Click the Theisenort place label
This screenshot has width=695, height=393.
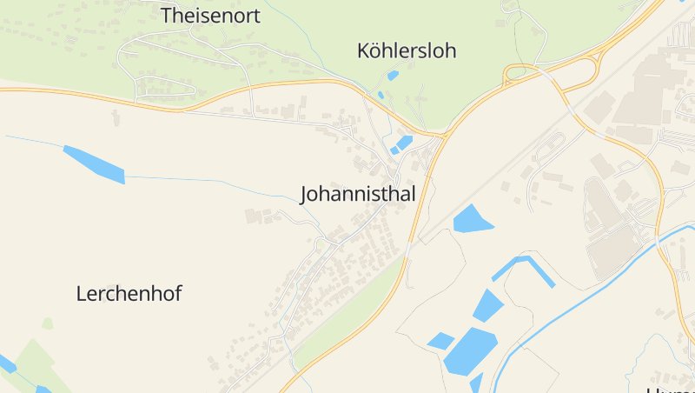(211, 15)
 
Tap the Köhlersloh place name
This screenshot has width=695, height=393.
(407, 50)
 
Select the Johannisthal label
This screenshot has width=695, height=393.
(358, 193)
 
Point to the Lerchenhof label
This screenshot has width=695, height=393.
(129, 293)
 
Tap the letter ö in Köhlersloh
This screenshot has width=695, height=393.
(380, 50)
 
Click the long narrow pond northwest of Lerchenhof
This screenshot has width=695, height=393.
(94, 164)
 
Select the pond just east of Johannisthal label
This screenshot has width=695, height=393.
(472, 219)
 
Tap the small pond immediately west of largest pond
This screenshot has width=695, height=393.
(440, 341)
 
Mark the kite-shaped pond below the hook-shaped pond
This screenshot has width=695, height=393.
(487, 305)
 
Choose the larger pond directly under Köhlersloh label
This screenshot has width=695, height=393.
(394, 76)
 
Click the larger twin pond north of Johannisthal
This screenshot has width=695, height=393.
(405, 141)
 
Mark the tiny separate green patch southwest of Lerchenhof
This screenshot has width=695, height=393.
(47, 323)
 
